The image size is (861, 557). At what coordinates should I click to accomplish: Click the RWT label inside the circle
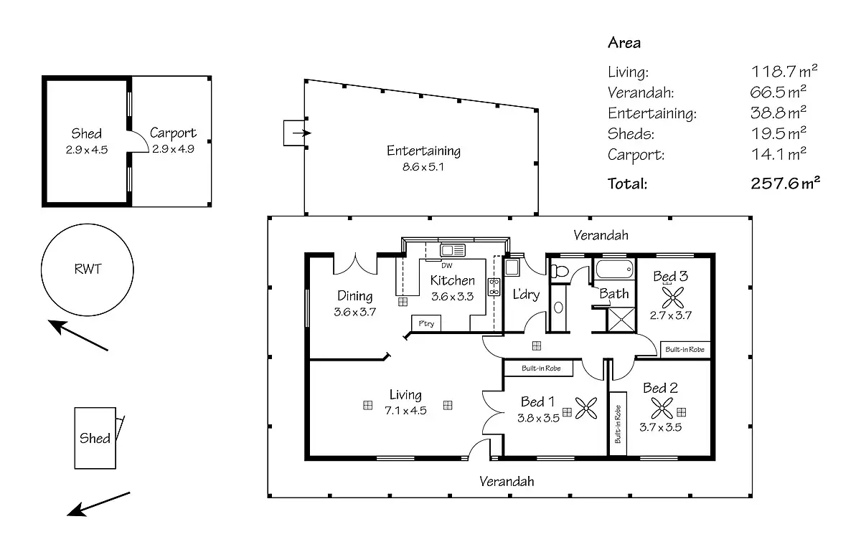pyautogui.click(x=88, y=269)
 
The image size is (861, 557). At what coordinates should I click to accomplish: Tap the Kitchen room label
pyautogui.click(x=453, y=280)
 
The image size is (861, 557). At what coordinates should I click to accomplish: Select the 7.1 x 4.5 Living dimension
pyautogui.click(x=405, y=411)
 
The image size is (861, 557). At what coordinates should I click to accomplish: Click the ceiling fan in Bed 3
pyautogui.click(x=673, y=297)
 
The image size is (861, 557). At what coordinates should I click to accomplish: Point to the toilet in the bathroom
pyautogui.click(x=559, y=271)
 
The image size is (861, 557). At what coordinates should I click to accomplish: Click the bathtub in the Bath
pyautogui.click(x=614, y=269)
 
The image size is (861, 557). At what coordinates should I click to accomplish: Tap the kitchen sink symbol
pyautogui.click(x=453, y=250)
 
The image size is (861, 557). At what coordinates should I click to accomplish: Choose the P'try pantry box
pyautogui.click(x=426, y=323)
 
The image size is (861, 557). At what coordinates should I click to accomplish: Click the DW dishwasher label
pyautogui.click(x=446, y=265)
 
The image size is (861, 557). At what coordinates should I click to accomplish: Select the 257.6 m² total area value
pyautogui.click(x=785, y=184)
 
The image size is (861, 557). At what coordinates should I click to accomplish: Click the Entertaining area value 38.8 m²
pyautogui.click(x=778, y=113)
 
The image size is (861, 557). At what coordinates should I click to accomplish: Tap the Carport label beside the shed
pyautogui.click(x=173, y=133)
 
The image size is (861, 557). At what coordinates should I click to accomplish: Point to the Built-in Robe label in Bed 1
pyautogui.click(x=541, y=368)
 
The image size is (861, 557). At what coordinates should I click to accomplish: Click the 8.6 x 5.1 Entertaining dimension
pyautogui.click(x=423, y=167)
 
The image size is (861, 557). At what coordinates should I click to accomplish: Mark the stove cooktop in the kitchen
pyautogui.click(x=494, y=287)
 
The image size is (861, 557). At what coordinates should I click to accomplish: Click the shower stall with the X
pyautogui.click(x=621, y=320)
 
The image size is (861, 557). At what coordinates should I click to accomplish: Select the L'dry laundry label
pyautogui.click(x=526, y=295)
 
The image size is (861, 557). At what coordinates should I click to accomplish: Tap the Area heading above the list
pyautogui.click(x=624, y=42)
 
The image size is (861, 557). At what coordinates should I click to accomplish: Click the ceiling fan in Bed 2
pyautogui.click(x=662, y=408)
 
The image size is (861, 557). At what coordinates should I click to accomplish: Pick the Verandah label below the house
pyautogui.click(x=507, y=481)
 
